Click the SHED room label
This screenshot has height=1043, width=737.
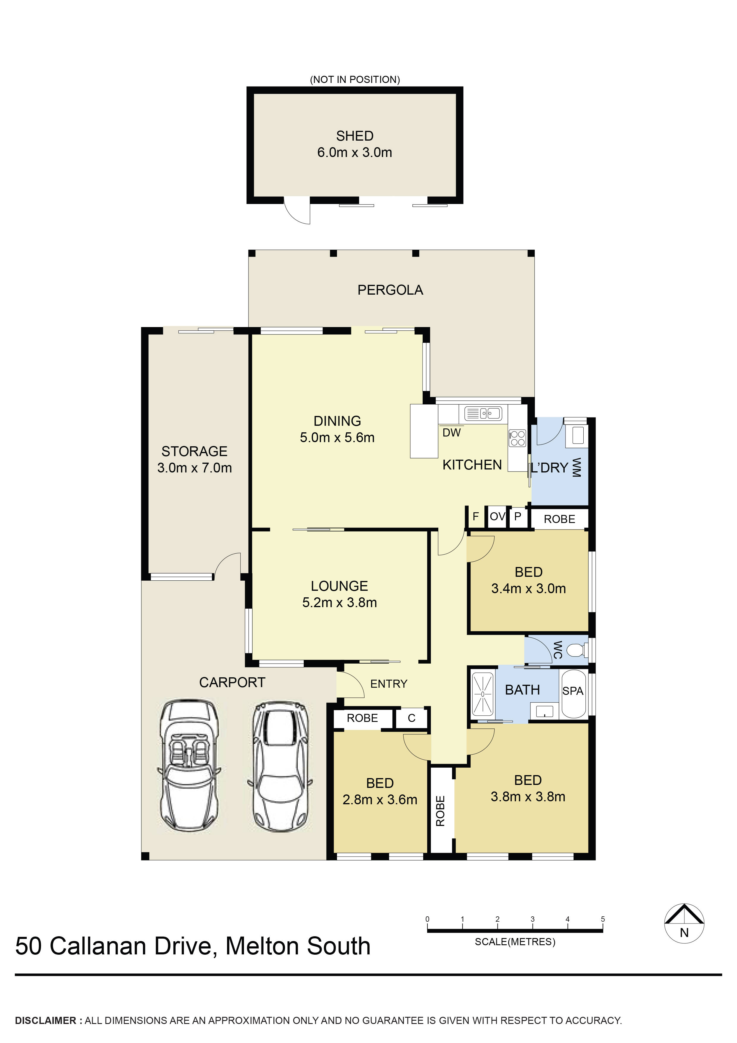tap(355, 136)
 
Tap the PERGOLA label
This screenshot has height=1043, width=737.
tap(390, 290)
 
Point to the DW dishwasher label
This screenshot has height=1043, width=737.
tap(451, 433)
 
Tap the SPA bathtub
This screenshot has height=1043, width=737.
tap(574, 693)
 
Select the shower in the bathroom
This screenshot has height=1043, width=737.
tap(483, 694)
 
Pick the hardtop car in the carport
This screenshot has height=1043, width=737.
tap(280, 768)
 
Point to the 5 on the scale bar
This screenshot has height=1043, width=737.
tap(603, 919)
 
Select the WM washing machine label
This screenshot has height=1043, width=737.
tap(576, 468)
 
